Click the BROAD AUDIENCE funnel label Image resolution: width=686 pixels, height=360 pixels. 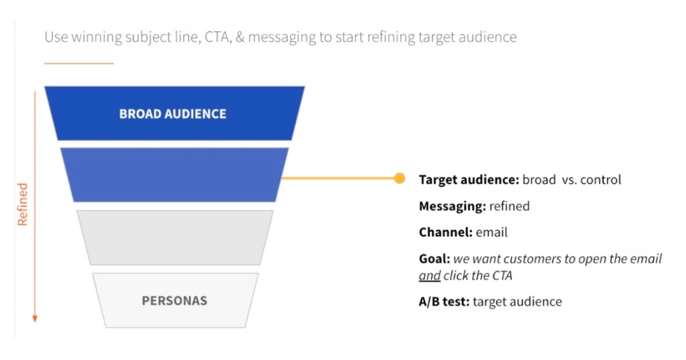click(173, 114)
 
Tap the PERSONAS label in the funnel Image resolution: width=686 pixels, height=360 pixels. click(174, 301)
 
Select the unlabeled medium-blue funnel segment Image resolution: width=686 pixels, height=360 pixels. click(174, 175)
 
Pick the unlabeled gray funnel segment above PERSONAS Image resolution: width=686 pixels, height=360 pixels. click(174, 237)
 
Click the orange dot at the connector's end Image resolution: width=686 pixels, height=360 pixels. click(399, 178)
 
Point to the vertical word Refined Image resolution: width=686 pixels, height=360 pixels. click(23, 204)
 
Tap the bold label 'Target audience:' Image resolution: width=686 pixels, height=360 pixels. click(469, 179)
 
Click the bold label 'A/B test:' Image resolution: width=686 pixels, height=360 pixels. click(444, 302)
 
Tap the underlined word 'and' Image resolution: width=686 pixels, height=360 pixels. click(429, 276)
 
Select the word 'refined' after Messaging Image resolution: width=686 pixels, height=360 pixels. click(510, 206)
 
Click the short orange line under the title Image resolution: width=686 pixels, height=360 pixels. click(79, 63)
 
